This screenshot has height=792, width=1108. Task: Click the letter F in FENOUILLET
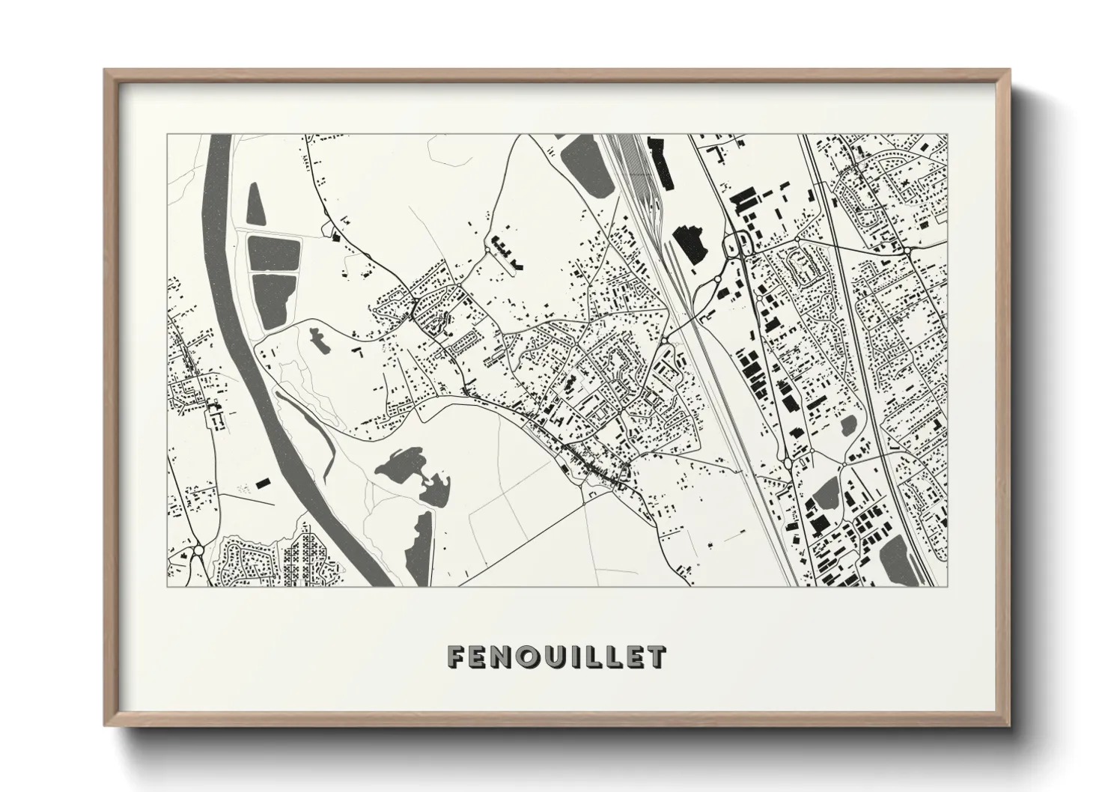[456, 657]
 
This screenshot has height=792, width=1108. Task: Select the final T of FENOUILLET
[656, 657]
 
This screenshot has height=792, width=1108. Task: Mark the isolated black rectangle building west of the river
[262, 483]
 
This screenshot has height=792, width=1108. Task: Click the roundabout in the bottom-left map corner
[198, 552]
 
